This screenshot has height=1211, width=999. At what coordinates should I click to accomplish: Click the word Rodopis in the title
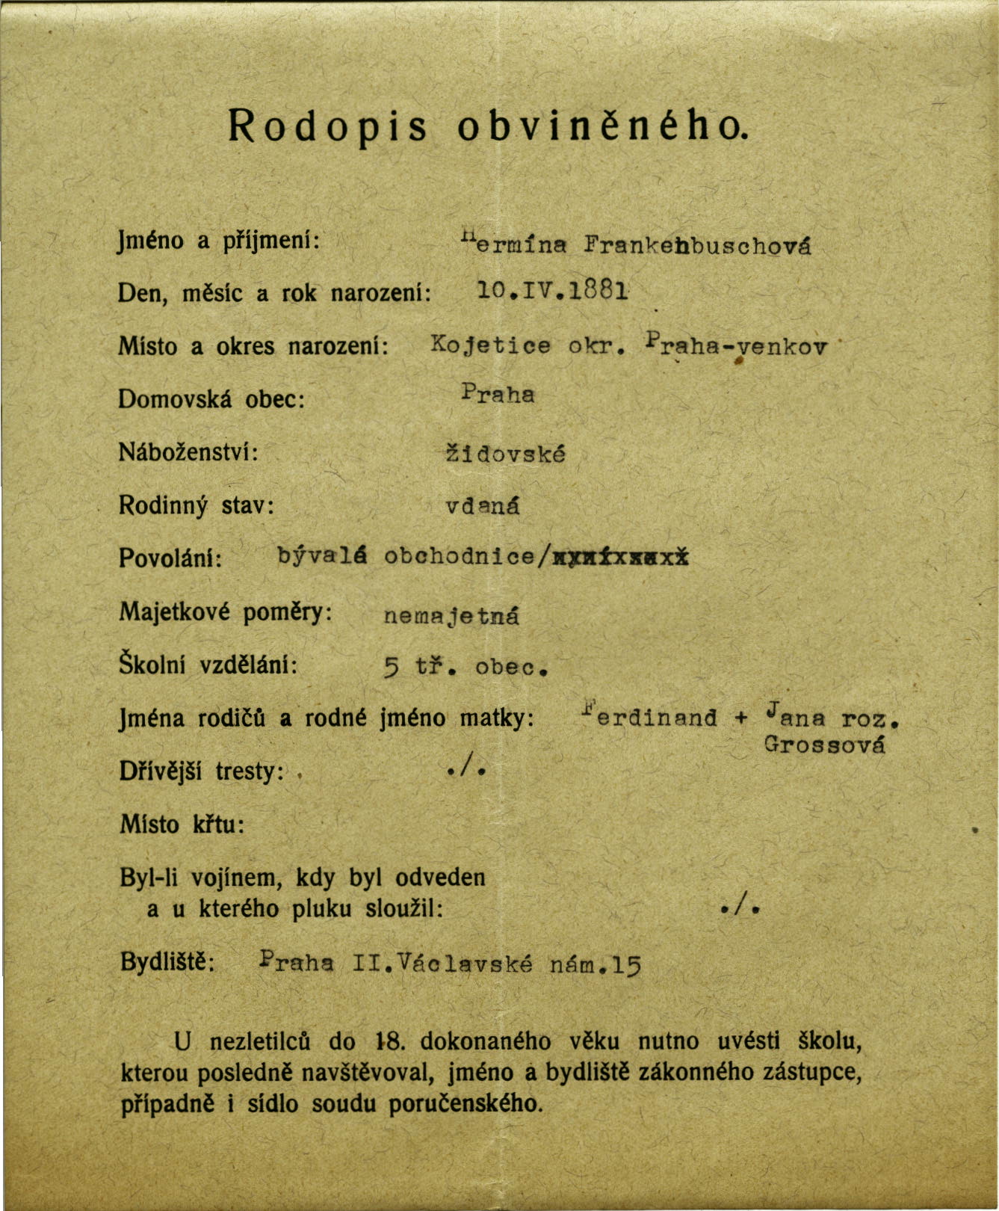coord(327,126)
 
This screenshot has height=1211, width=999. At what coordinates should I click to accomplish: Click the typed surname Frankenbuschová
coord(698,245)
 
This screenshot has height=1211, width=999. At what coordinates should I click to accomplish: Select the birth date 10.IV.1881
coord(552,289)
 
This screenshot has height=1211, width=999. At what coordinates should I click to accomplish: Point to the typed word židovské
coord(505,454)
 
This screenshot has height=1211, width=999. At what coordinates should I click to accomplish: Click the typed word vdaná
coord(483,506)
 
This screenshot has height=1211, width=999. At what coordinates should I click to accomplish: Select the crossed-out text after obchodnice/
coord(620,557)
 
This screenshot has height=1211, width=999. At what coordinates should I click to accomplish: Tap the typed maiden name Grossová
coord(824,745)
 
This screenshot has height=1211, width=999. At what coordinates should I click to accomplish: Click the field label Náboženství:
coord(188,452)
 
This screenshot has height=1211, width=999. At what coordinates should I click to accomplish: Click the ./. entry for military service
coord(740,908)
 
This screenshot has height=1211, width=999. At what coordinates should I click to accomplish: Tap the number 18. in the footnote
coord(389,1041)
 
